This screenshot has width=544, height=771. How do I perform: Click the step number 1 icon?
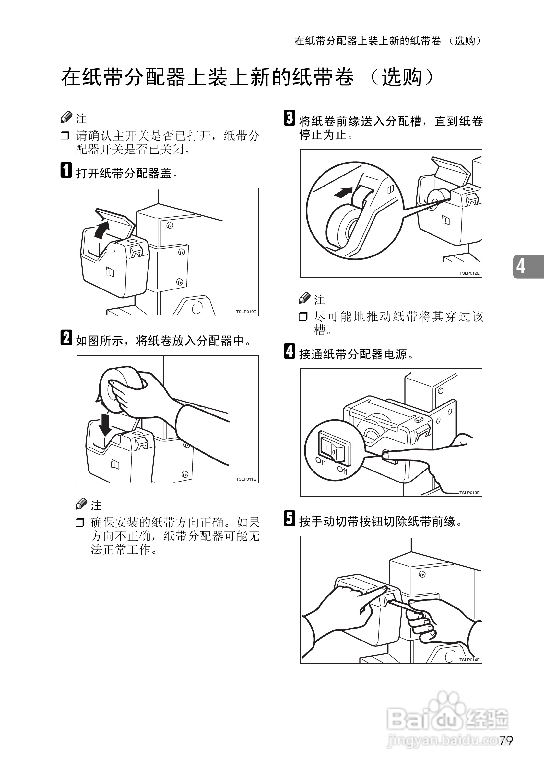(x=66, y=170)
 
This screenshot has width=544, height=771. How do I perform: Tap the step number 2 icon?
(x=66, y=337)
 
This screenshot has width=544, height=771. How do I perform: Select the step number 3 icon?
(x=290, y=118)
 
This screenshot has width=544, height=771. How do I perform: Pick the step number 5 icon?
(x=290, y=518)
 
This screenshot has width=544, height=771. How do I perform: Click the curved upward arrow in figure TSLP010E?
(x=101, y=230)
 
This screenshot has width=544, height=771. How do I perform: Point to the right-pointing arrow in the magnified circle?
(x=343, y=192)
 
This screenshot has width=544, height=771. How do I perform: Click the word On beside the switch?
(x=320, y=462)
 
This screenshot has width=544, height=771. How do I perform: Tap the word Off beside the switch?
(x=342, y=470)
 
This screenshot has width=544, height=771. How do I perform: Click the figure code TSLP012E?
(x=469, y=273)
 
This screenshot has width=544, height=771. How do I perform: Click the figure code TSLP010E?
(x=246, y=312)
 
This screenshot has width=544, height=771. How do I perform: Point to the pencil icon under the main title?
(x=66, y=117)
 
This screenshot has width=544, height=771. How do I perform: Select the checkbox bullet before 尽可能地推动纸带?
(x=303, y=316)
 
